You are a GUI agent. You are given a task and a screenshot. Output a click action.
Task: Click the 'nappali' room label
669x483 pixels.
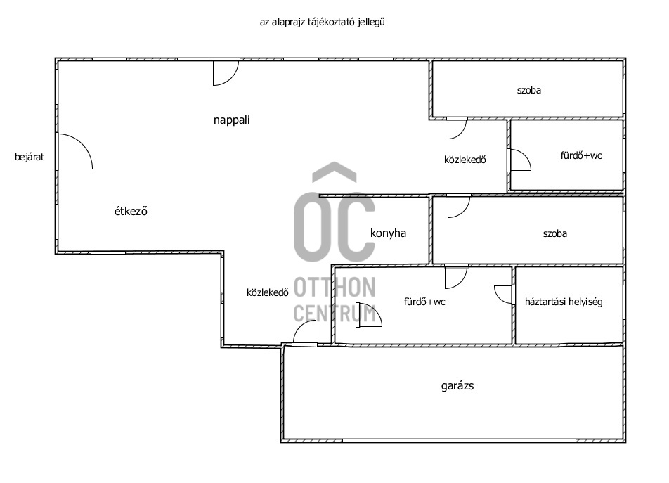232,120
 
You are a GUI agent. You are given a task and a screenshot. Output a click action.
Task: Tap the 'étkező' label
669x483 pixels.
131,211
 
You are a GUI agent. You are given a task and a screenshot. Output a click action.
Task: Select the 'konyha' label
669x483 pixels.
388,233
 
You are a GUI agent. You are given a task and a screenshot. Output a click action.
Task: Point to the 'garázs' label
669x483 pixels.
457,386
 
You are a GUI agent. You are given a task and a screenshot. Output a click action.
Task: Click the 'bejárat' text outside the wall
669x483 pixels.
30,157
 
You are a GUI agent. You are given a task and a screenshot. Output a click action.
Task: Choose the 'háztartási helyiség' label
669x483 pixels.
564,302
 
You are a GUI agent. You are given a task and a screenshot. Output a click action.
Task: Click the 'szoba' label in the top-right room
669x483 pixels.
529,90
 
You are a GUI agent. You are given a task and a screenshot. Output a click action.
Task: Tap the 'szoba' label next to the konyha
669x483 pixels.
555,233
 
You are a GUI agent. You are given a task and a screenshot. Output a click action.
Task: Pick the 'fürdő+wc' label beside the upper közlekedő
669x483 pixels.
581,155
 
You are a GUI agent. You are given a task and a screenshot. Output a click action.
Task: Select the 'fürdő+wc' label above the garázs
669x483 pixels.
424,302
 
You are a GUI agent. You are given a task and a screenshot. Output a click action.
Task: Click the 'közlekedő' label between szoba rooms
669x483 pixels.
465,160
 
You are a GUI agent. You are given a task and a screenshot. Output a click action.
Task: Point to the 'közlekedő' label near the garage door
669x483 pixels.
268,292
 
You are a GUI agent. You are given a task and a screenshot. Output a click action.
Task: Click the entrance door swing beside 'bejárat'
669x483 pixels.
75,151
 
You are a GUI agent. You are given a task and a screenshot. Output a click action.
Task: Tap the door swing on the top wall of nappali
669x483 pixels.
226,72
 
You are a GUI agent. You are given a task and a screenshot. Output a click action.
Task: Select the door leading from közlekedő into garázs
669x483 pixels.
305,332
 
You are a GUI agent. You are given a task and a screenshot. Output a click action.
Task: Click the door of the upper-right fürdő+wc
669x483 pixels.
520,160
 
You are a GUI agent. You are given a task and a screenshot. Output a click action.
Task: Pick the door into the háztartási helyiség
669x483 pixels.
503,295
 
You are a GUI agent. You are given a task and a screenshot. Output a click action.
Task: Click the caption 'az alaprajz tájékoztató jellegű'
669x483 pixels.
323,22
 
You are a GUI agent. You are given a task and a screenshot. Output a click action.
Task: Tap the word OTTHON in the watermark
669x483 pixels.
334,287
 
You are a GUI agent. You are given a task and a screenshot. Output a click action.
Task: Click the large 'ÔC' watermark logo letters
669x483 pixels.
334,212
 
